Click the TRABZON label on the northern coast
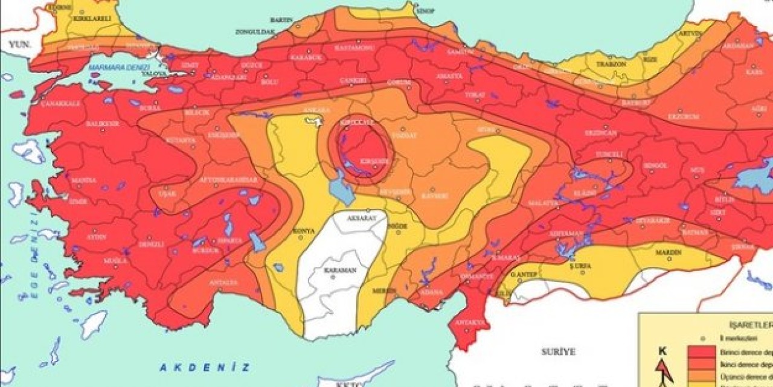pos(595,64)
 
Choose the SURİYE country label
pos(558,351)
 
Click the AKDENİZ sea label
pos(205,366)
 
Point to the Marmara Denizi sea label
pos(114,67)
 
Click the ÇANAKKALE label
pos(60,104)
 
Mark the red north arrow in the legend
pos(664,372)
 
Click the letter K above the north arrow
pos(662,350)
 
